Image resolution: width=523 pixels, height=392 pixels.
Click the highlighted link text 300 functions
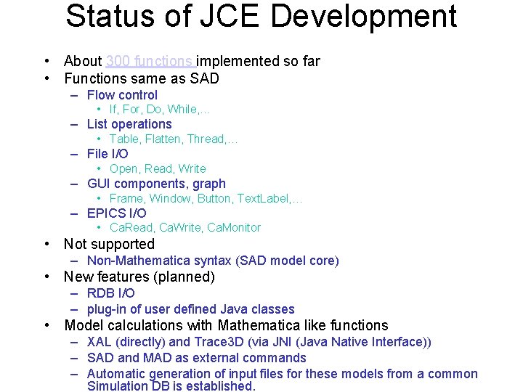click(x=150, y=61)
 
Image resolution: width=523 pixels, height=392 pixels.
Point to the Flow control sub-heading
click(x=122, y=95)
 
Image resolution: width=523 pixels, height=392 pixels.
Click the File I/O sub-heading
click(x=108, y=154)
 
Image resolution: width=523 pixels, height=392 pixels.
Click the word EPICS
click(x=106, y=213)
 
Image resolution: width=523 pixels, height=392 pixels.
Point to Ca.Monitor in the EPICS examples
click(x=234, y=228)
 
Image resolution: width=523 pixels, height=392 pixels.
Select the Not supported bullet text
click(x=109, y=245)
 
